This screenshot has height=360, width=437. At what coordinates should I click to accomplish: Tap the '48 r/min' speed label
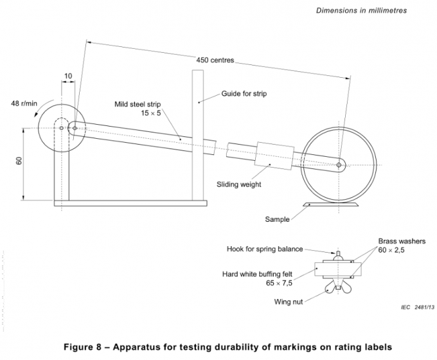click(x=24, y=102)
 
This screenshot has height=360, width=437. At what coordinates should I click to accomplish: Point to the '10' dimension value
click(x=67, y=76)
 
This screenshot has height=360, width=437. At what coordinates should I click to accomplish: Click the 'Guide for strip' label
click(x=244, y=93)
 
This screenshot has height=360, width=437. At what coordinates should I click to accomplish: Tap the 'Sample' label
click(x=278, y=219)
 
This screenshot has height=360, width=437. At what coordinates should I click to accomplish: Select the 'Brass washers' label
click(x=402, y=241)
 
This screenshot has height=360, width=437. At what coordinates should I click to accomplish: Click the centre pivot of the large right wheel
click(x=339, y=165)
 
